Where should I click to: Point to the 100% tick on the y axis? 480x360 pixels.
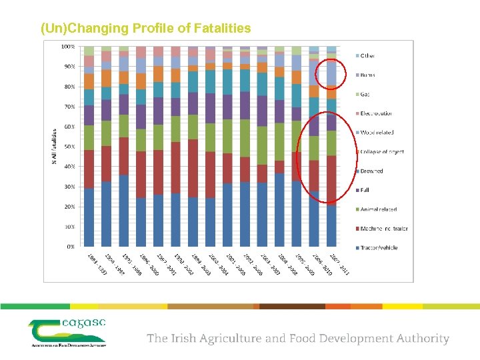coord(68,47)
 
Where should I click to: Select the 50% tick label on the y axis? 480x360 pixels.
coord(69,147)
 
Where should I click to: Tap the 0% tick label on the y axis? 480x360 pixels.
coord(70,247)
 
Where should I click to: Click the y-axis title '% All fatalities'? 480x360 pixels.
coord(54,147)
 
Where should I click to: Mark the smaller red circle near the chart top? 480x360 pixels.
coord(331,73)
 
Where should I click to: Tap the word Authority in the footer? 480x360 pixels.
coord(420,339)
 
